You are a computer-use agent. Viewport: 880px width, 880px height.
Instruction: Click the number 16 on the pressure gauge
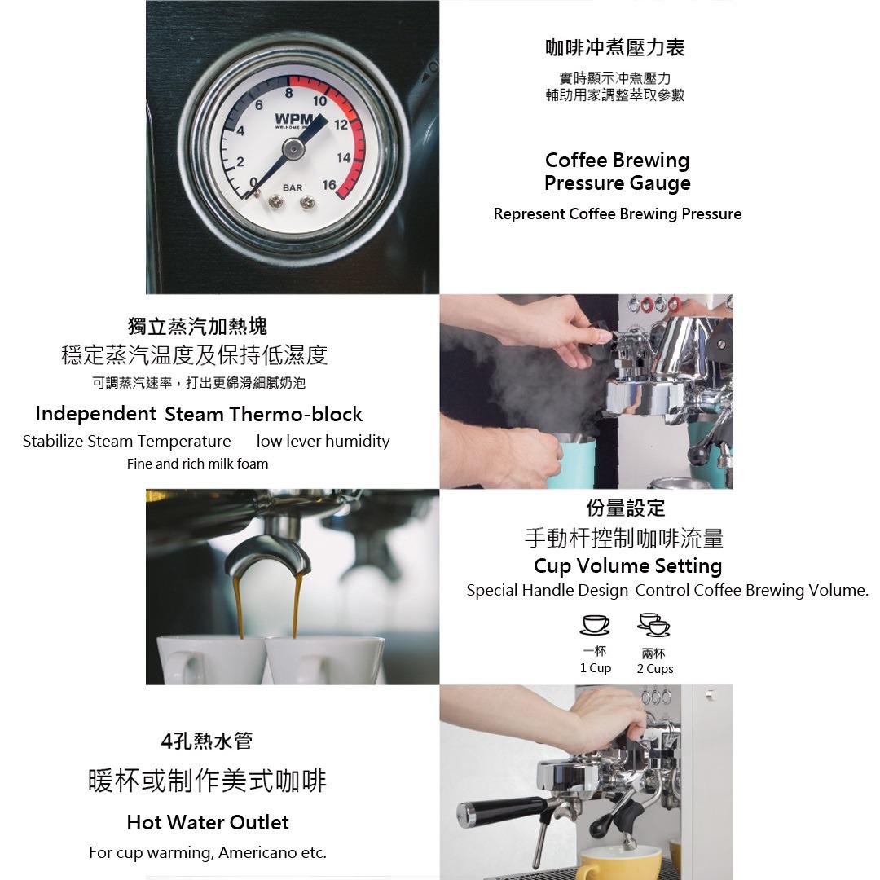tap(329, 186)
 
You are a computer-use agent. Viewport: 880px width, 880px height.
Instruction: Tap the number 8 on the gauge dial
tap(288, 94)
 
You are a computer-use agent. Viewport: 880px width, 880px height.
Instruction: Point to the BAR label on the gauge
tap(292, 188)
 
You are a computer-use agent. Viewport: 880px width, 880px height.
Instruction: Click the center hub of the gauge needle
tap(293, 147)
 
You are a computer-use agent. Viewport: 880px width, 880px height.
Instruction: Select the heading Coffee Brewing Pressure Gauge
tap(617, 171)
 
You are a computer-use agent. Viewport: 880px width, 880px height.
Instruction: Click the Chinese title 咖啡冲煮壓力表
tap(615, 48)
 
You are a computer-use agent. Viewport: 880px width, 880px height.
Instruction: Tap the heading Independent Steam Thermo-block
tap(199, 414)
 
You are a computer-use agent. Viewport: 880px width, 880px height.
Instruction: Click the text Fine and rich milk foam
tap(197, 464)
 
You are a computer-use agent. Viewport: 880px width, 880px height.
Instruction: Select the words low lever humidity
tap(323, 441)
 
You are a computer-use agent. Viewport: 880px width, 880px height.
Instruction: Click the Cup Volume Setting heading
tap(627, 565)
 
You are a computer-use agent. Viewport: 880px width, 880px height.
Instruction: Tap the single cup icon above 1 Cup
tap(595, 624)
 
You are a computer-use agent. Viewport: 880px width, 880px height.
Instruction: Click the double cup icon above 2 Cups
tap(654, 625)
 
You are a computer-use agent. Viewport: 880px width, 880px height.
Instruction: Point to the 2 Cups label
tap(655, 669)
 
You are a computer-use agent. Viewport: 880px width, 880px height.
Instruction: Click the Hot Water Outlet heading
tap(208, 822)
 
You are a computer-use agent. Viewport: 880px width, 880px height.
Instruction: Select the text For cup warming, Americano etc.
tap(208, 853)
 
